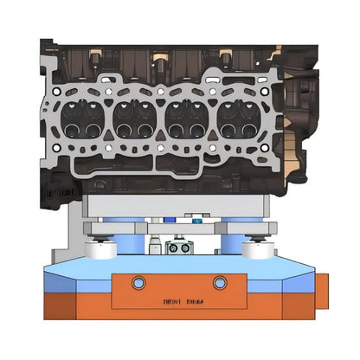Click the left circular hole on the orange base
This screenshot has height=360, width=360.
pos(137,282)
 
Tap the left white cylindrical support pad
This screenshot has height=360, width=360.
pos(100,248)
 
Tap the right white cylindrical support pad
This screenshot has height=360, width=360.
pos(258,248)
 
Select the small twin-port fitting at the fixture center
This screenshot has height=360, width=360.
pos(179,248)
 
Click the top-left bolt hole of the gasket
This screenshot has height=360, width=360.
pos(56,89)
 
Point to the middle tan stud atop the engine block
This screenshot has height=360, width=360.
pos(159,58)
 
